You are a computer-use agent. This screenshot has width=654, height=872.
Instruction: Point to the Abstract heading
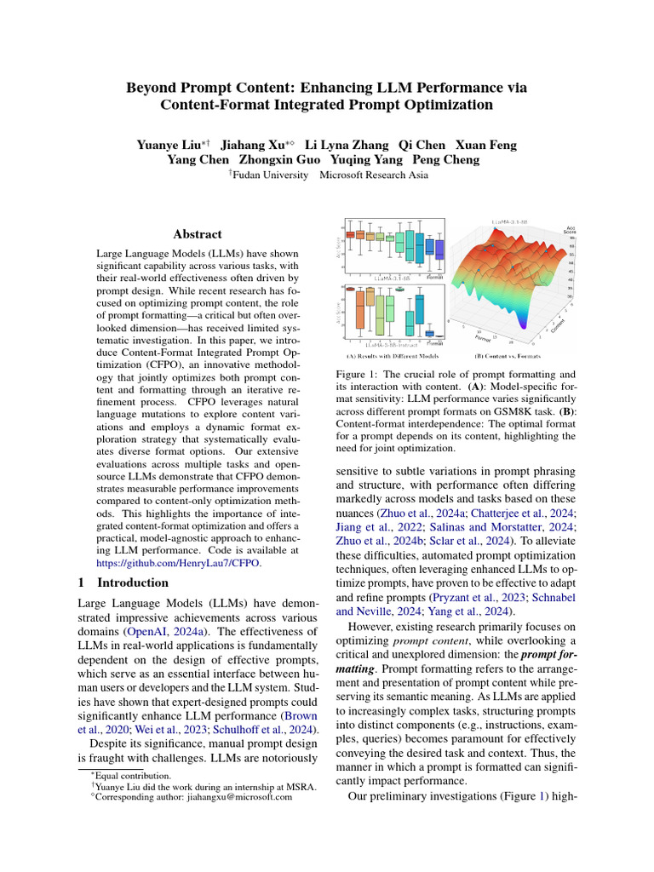pyautogui.click(x=198, y=234)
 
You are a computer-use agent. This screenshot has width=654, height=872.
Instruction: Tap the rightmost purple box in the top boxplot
pyautogui.click(x=440, y=248)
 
